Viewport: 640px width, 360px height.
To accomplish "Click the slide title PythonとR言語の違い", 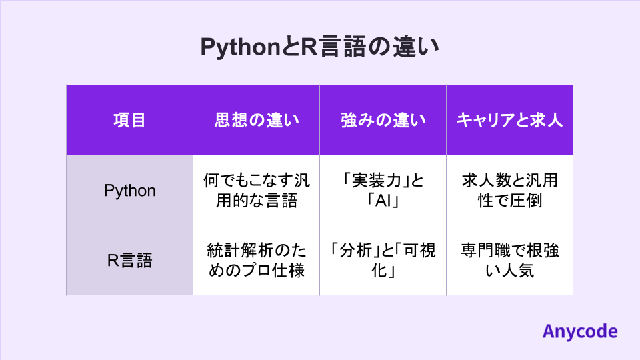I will click(319, 48).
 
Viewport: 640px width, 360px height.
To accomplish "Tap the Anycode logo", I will click(579, 331).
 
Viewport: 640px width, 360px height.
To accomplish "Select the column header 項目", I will click(129, 120).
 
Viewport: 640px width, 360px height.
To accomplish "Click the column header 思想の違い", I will click(256, 120).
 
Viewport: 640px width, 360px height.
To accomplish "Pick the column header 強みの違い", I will click(383, 120).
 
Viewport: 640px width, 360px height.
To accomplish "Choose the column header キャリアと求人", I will click(509, 120).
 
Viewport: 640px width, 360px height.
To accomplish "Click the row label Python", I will click(129, 191).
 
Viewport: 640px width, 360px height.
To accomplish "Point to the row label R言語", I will click(129, 260).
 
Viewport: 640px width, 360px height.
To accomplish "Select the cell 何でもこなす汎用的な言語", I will click(256, 191).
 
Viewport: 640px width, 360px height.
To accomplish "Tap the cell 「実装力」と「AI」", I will click(383, 191).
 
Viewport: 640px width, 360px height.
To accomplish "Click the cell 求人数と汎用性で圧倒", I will click(509, 191).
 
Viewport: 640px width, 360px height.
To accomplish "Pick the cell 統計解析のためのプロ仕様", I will click(256, 260).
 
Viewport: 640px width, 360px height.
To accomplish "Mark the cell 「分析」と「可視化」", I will click(383, 260).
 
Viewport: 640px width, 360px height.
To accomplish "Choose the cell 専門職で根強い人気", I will click(509, 260).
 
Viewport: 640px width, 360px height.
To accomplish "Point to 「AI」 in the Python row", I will click(383, 201).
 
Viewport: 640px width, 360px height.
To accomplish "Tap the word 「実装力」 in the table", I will click(375, 181).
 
